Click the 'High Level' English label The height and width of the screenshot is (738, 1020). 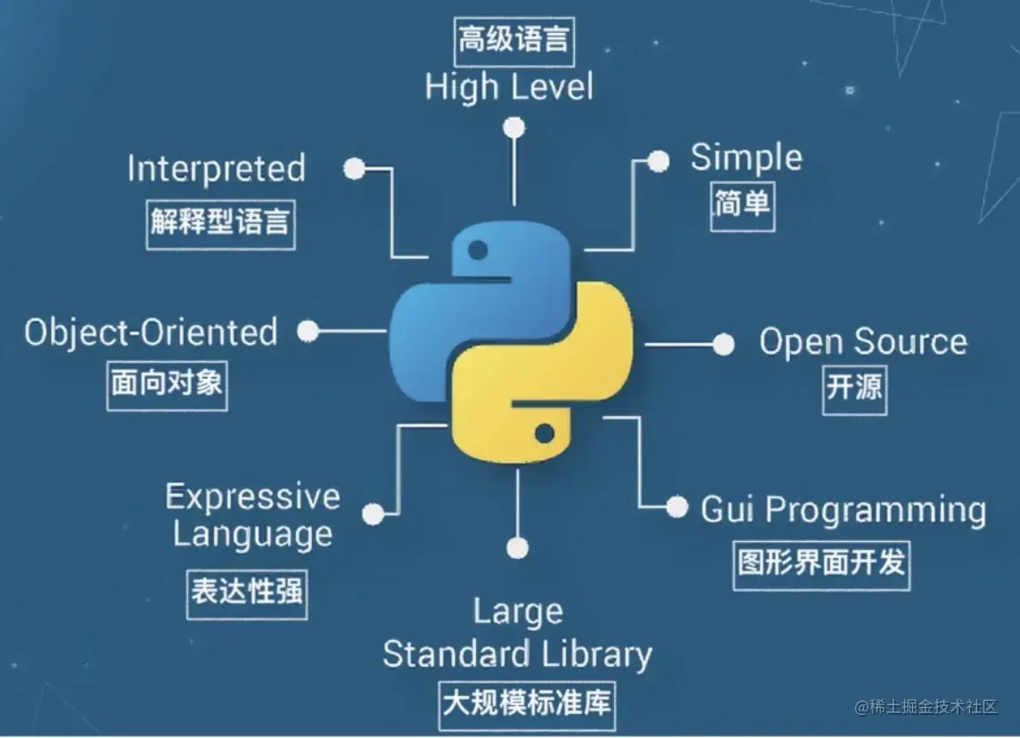coord(508,87)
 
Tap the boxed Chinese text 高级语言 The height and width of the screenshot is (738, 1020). coord(513,40)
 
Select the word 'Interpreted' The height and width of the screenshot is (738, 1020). coord(217,168)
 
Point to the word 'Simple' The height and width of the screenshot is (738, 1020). coord(746,158)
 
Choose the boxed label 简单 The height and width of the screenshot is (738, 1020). coord(742,205)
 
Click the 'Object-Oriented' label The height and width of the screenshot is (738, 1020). coord(151,332)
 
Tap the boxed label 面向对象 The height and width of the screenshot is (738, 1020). coord(167,384)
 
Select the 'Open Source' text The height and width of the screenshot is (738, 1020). coord(862,341)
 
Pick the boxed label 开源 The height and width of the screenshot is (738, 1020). coord(854,389)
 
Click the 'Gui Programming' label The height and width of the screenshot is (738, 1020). coord(843,510)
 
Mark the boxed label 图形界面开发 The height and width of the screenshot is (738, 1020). coord(821,562)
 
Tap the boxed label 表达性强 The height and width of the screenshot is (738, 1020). coord(247,592)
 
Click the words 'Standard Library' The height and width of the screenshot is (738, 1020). coord(517,654)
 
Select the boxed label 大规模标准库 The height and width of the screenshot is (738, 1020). coord(527,702)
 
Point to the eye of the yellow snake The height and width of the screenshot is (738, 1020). coord(546,433)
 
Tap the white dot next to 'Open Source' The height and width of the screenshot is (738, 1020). coord(723,344)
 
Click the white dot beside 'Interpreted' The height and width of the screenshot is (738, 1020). coord(355,168)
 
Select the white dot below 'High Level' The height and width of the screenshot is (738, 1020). coord(514,127)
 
